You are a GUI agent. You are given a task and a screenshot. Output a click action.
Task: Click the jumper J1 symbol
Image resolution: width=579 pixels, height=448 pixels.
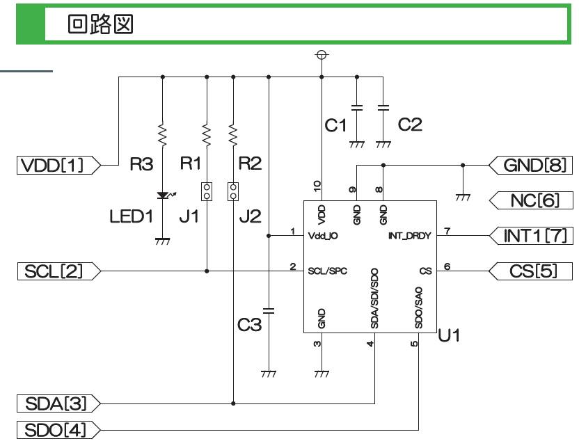pos(207,191)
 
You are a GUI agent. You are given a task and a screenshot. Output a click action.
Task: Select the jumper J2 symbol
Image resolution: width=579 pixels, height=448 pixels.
pos(233,191)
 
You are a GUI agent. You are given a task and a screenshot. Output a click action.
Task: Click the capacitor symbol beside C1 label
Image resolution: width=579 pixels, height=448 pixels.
pos(356,109)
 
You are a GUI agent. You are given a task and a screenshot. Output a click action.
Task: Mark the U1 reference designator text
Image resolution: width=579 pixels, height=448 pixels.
pos(449,337)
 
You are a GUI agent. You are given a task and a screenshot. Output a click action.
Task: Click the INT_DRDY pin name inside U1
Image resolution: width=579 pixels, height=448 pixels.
pos(409,237)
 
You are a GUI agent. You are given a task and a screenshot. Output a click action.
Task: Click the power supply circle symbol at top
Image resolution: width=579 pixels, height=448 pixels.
pos(322,55)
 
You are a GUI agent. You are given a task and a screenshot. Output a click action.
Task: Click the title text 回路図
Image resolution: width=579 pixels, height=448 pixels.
pos(100,25)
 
